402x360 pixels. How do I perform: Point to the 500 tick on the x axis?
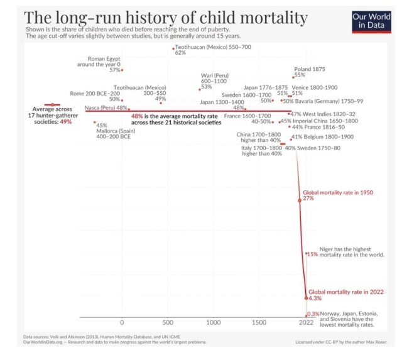click(x=168, y=322)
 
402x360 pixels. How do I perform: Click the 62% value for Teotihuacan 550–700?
click(x=180, y=53)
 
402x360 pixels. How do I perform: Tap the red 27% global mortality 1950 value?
click(x=308, y=198)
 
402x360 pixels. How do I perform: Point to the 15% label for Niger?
click(x=312, y=254)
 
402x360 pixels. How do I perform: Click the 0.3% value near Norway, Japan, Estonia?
click(x=313, y=315)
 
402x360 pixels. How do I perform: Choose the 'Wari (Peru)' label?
click(x=215, y=75)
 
